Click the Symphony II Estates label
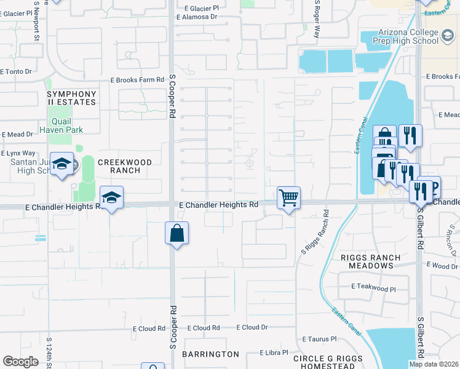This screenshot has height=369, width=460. pyautogui.click(x=71, y=98)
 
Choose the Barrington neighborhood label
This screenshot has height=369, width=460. pyautogui.click(x=210, y=354)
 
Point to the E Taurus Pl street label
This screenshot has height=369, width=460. pyautogui.click(x=320, y=339)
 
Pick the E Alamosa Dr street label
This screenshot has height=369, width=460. pyautogui.click(x=197, y=17)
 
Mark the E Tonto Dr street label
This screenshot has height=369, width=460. pyautogui.click(x=16, y=71)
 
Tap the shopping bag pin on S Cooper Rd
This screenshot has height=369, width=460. pyautogui.click(x=176, y=234)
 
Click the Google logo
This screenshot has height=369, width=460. pyautogui.click(x=20, y=362)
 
